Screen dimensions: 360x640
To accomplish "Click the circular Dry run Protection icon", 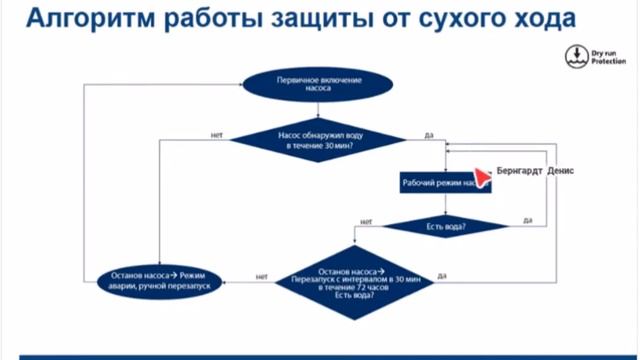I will [x=575, y=56].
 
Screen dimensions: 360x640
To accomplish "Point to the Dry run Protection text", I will [x=607, y=56].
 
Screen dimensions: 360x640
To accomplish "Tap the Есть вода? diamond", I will [x=446, y=226].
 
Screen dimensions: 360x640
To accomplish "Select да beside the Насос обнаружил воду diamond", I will [x=428, y=134].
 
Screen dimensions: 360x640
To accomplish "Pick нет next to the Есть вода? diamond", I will [x=366, y=221].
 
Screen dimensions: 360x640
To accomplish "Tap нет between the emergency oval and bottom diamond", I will [x=261, y=276].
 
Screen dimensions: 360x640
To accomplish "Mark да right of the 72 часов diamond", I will [x=441, y=275].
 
